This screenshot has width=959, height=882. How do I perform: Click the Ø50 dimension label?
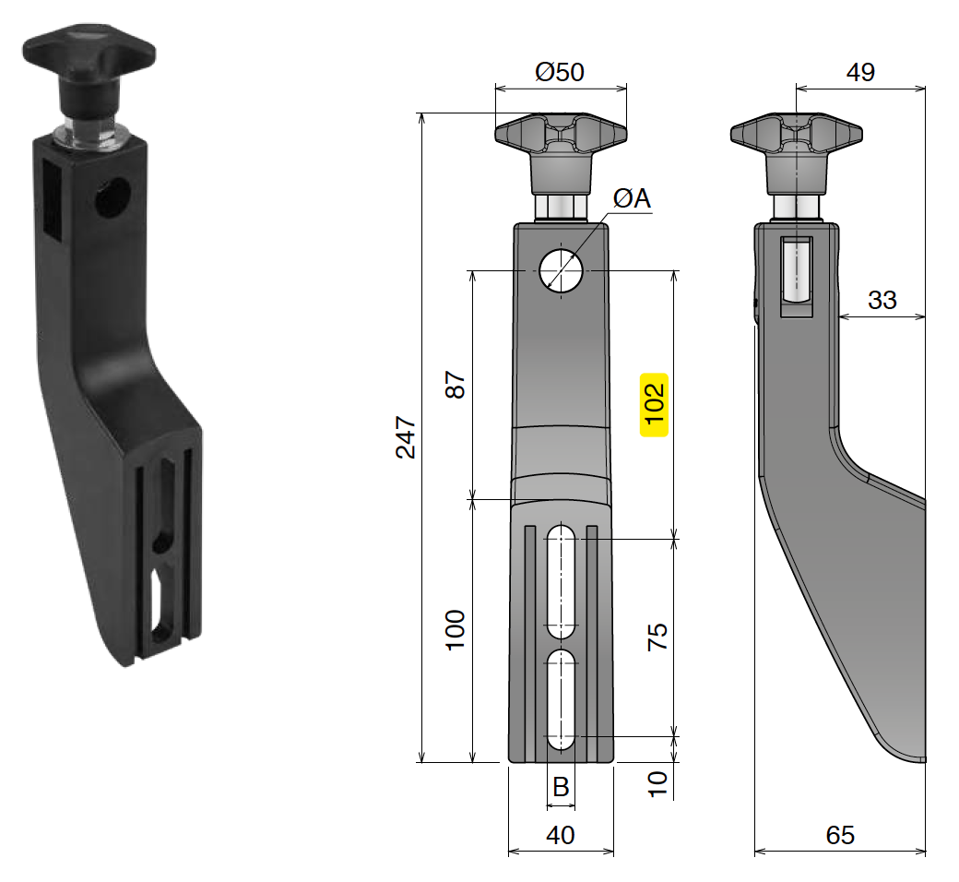[x=560, y=72]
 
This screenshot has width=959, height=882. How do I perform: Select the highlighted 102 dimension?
[x=654, y=404]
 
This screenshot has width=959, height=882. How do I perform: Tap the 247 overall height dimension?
[x=406, y=437]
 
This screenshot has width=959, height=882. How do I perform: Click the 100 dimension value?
[x=456, y=631]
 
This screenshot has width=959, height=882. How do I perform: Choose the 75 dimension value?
[x=657, y=637]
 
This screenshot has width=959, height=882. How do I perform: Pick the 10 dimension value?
[x=656, y=782]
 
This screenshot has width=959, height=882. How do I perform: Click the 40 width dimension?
[x=560, y=835]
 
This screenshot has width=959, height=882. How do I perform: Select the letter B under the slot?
[x=560, y=787]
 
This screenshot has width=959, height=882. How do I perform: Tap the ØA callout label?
[x=632, y=198]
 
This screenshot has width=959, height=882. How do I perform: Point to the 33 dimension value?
[x=882, y=300]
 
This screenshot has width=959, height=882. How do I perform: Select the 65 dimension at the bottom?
[x=840, y=835]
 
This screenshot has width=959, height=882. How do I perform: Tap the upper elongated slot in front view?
[x=561, y=581]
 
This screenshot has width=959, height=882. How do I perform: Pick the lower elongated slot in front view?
[x=561, y=699]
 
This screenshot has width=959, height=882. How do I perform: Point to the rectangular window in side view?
[x=796, y=274]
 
